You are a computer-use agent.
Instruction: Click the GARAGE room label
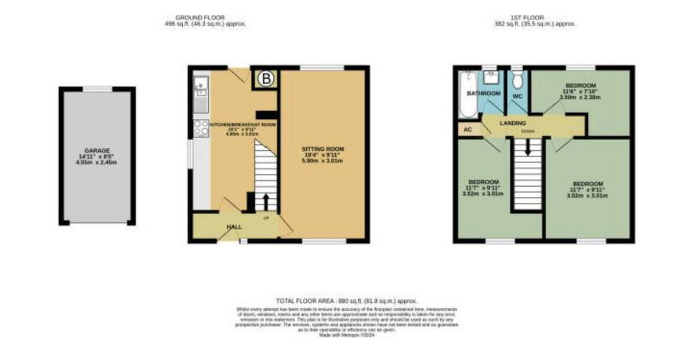click(x=97, y=150)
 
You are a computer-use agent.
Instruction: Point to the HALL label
click(x=234, y=227)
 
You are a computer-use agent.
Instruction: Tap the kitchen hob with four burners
click(x=201, y=128)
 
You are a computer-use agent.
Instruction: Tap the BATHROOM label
click(x=484, y=93)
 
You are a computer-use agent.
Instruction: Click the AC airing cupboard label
click(x=467, y=129)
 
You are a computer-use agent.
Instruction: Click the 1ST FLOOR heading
click(x=532, y=18)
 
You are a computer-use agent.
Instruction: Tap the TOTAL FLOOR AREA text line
click(x=347, y=301)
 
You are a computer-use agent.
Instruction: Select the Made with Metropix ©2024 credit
click(x=347, y=335)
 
